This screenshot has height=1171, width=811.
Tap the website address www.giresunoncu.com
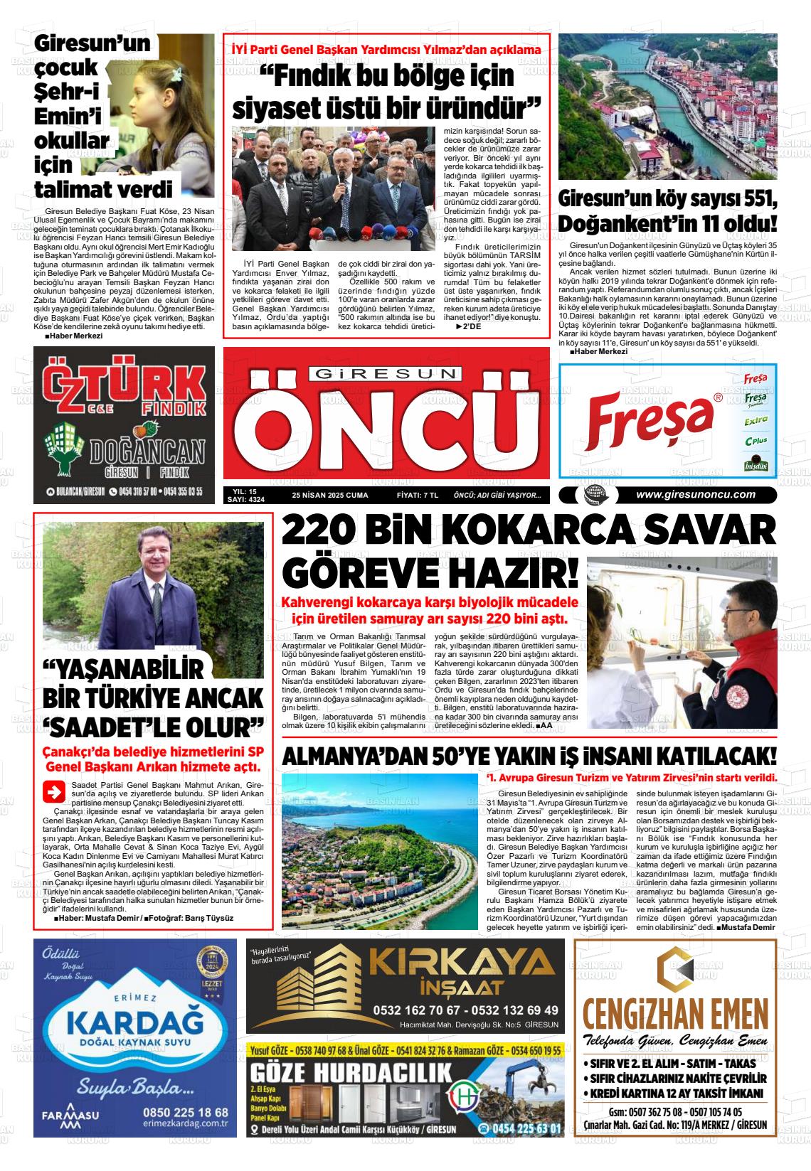pos(695,495)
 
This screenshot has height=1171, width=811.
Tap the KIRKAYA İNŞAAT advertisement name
pos(465,969)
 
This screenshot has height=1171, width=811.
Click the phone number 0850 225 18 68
pos(186,1112)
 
